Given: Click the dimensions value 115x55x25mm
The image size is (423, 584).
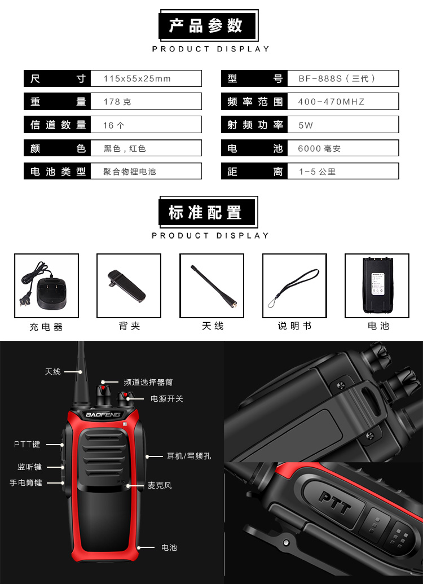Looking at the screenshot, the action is click(x=137, y=78).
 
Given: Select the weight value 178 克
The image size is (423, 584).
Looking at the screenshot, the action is click(x=117, y=102).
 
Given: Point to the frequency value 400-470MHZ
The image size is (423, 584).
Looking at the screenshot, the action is click(x=331, y=102).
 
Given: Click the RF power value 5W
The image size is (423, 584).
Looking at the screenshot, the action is click(x=305, y=125).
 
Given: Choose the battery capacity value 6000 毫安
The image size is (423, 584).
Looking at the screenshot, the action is click(x=319, y=148).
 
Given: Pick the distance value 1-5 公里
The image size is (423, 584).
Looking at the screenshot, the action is click(x=317, y=172).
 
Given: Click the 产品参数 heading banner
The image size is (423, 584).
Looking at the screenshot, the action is click(x=209, y=25).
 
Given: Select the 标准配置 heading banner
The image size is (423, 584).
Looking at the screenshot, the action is click(x=208, y=212).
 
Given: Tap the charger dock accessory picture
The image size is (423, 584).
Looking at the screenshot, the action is click(x=46, y=286).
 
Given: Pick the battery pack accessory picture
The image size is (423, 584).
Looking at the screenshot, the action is click(x=377, y=286).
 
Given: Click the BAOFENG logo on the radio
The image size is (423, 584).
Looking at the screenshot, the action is click(x=103, y=415).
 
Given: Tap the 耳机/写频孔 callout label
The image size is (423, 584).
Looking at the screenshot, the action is click(x=189, y=456).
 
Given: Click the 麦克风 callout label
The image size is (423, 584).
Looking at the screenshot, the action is click(x=160, y=485).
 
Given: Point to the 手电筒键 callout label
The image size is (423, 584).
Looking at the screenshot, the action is click(x=26, y=482).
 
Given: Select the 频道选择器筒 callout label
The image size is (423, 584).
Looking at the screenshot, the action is click(x=148, y=382).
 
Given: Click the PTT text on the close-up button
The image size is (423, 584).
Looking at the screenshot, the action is click(x=335, y=502).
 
